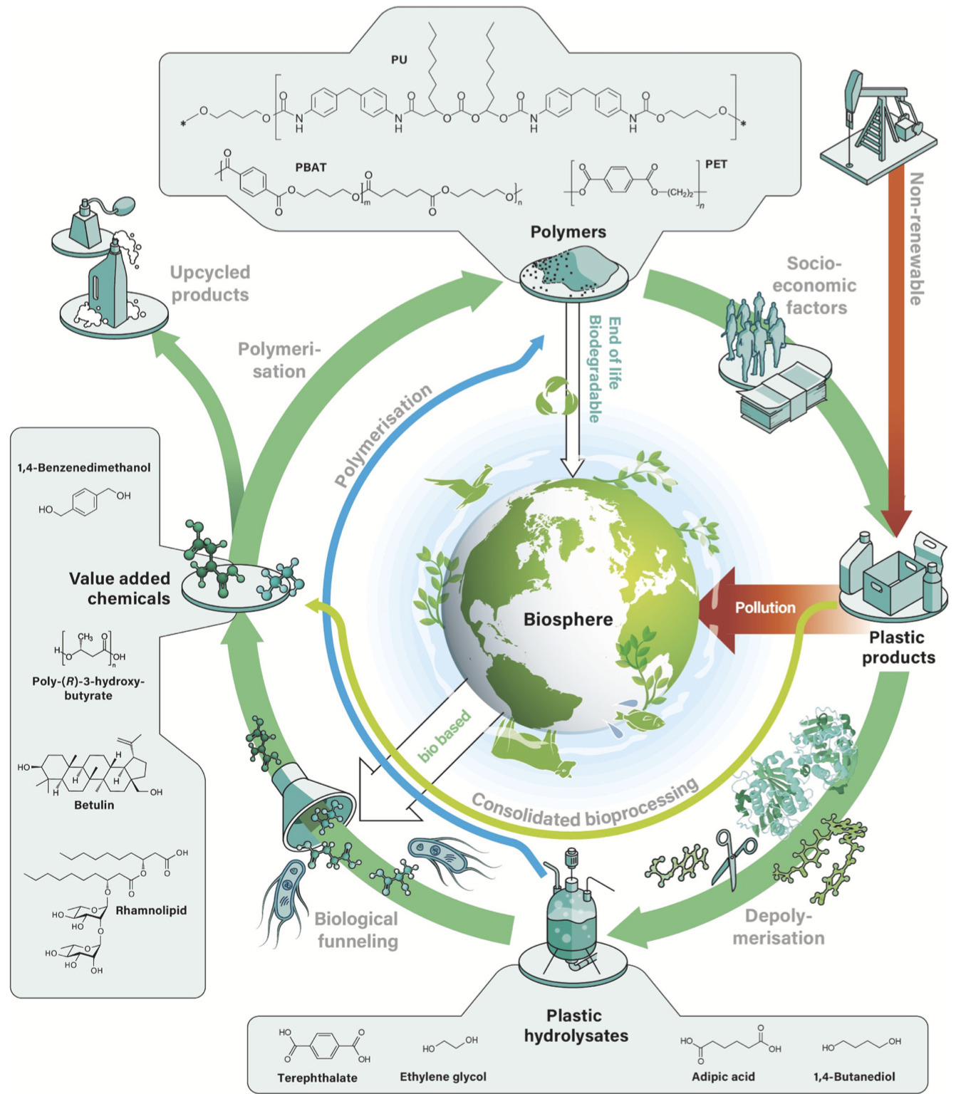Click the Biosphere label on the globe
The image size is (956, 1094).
click(568, 619)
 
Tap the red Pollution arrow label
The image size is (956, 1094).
click(765, 608)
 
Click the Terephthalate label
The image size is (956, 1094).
click(317, 1078)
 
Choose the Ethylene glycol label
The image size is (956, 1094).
click(443, 1076)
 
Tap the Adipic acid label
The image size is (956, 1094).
click(723, 1076)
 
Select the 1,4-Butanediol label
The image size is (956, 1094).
click(854, 1076)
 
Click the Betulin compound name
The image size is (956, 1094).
click(94, 805)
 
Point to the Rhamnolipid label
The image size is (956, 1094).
click(151, 910)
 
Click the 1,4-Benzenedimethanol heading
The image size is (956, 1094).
click(84, 468)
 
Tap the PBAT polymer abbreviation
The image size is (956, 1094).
click(311, 167)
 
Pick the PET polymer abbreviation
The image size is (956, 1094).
click(716, 165)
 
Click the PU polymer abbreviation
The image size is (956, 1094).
click(399, 60)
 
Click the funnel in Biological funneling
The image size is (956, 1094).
click(313, 805)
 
